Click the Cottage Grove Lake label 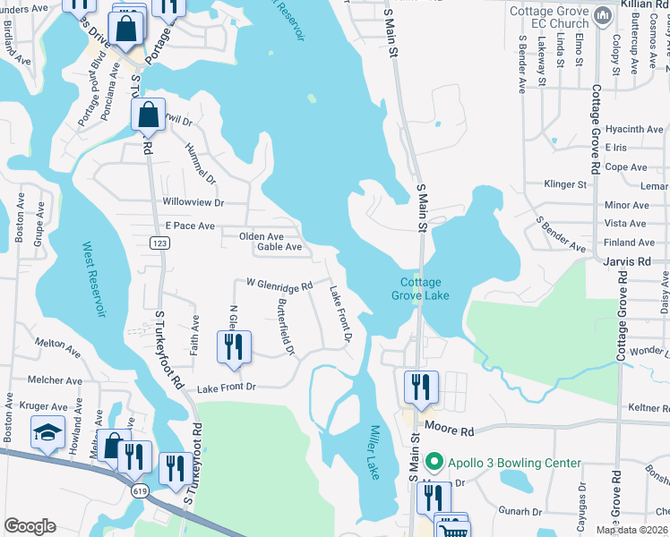[x=420, y=288]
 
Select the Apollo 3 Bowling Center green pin [x=434, y=463]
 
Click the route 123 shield [x=159, y=243]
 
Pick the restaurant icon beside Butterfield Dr [x=234, y=347]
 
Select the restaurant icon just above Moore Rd [x=420, y=388]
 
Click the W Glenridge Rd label [x=279, y=284]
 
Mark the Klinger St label [x=564, y=184]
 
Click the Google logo [x=30, y=526]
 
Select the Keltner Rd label [x=649, y=407]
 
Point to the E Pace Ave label [x=190, y=226]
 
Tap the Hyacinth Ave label [x=633, y=129]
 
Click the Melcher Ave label [x=55, y=379]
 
